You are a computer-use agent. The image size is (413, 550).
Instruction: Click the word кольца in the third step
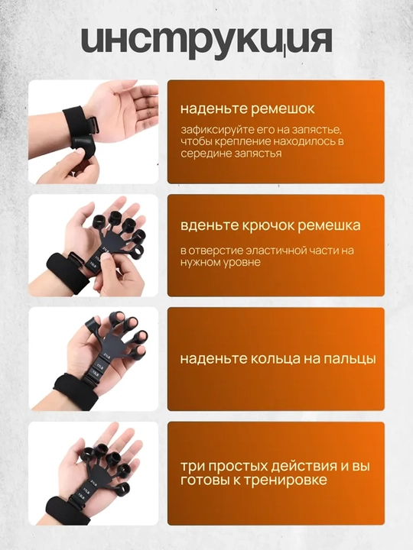point(272,359)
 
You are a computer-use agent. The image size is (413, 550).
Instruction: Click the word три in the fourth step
point(190,467)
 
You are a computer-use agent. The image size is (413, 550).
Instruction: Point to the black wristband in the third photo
point(76,391)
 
